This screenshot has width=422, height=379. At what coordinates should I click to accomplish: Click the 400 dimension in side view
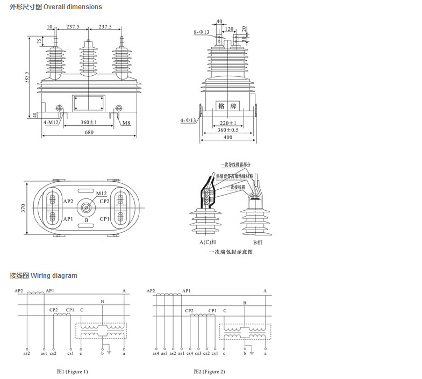tap(228, 138)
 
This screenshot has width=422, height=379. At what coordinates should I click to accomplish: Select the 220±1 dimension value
tap(228, 123)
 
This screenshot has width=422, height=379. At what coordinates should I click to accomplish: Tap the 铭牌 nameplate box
tap(228, 105)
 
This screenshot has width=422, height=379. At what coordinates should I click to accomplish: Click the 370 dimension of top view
tap(24, 209)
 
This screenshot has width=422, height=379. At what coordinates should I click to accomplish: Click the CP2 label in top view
tap(105, 202)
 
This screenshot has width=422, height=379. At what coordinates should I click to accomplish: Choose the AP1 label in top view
tap(68, 219)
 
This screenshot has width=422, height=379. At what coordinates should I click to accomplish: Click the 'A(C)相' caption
tap(207, 242)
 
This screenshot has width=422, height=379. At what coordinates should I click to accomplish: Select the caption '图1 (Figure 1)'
tap(73, 371)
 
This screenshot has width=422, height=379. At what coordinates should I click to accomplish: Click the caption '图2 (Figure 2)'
tap(210, 371)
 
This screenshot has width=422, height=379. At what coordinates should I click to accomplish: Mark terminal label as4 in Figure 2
tap(156, 353)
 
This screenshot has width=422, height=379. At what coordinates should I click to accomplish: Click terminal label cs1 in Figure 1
tap(70, 353)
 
